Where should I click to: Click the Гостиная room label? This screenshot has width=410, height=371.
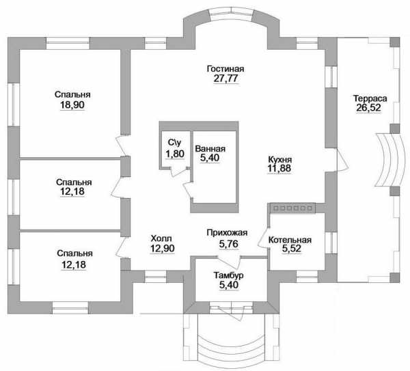click(225, 69)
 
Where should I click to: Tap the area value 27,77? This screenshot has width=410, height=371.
click(225, 79)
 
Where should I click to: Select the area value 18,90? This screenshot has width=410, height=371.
click(72, 105)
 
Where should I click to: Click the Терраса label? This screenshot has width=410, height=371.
click(370, 98)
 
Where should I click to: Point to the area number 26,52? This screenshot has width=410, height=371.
click(368, 108)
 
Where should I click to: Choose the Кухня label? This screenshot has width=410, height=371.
click(280, 159)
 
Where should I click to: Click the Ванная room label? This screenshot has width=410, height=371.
click(210, 149)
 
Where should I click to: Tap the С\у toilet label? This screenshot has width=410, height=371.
click(174, 143)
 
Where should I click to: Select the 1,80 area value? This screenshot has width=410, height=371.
click(175, 154)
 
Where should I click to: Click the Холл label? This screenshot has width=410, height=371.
click(161, 238)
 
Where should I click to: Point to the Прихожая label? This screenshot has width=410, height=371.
click(227, 232)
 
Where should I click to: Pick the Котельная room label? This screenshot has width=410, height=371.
click(290, 240)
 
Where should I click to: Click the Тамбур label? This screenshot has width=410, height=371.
click(228, 275)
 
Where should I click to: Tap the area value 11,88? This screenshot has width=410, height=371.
click(279, 168)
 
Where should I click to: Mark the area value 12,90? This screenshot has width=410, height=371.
click(163, 249)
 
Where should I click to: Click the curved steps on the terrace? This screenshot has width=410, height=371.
click(388, 160)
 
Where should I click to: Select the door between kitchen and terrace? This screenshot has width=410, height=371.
click(342, 160)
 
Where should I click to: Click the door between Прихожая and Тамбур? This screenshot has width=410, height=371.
click(230, 262)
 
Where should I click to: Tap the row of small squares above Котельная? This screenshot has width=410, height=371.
click(292, 208)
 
